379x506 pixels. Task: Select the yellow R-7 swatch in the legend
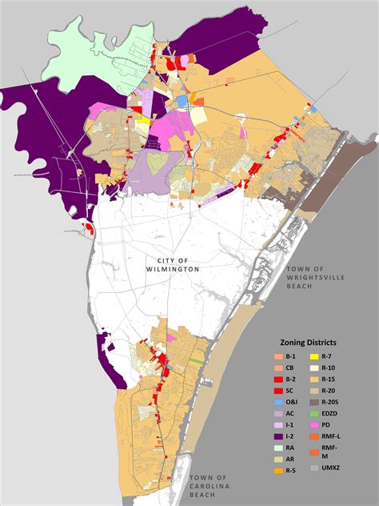tap(314, 355)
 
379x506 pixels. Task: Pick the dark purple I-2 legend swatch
tap(277, 436)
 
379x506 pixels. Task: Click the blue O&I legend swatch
tap(277, 402)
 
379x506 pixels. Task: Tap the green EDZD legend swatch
tap(314, 413)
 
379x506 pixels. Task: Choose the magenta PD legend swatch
tap(314, 424)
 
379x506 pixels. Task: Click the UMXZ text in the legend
tap(333, 468)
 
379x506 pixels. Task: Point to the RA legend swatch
tap(277, 448)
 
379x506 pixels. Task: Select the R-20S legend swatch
tap(314, 402)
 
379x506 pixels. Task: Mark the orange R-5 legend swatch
tap(277, 471)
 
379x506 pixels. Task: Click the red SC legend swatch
tap(277, 390)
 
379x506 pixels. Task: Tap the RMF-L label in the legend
tap(334, 436)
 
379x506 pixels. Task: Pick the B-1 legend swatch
tap(277, 355)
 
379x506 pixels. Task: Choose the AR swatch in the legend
tap(277, 460)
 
